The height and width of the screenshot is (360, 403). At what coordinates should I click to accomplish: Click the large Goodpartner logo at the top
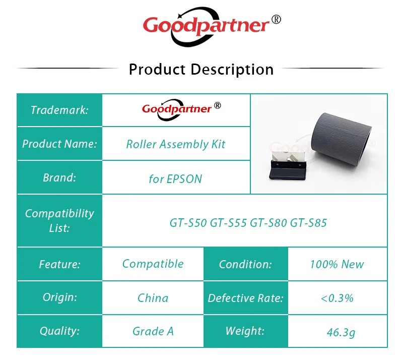click(212, 27)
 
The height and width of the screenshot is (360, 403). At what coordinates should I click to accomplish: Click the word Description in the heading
click(232, 70)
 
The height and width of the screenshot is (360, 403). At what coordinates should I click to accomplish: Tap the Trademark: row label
click(59, 110)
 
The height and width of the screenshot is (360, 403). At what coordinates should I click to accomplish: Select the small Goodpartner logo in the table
click(181, 109)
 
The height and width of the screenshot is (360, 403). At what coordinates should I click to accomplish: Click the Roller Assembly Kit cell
click(176, 144)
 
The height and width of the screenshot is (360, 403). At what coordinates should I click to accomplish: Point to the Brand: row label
click(59, 177)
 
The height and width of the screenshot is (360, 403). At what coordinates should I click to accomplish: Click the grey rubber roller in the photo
click(341, 136)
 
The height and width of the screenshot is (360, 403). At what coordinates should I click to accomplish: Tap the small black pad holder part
click(288, 166)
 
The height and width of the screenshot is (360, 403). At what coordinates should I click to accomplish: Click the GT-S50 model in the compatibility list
click(188, 223)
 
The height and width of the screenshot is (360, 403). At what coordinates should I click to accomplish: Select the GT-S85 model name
click(308, 223)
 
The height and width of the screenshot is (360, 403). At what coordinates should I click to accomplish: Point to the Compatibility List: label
click(59, 220)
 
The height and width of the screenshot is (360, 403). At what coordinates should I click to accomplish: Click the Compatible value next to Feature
click(153, 264)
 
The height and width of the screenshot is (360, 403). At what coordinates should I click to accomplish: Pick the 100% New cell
click(337, 264)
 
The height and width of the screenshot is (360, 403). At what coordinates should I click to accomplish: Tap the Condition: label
click(245, 264)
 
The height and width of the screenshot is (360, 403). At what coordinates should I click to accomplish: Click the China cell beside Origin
click(153, 298)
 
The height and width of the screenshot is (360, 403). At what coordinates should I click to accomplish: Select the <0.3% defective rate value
click(337, 298)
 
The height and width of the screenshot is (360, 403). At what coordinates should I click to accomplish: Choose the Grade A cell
click(153, 331)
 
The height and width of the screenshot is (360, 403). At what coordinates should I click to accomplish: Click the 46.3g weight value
click(341, 332)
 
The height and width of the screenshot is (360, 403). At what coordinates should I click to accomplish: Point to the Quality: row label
click(59, 331)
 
